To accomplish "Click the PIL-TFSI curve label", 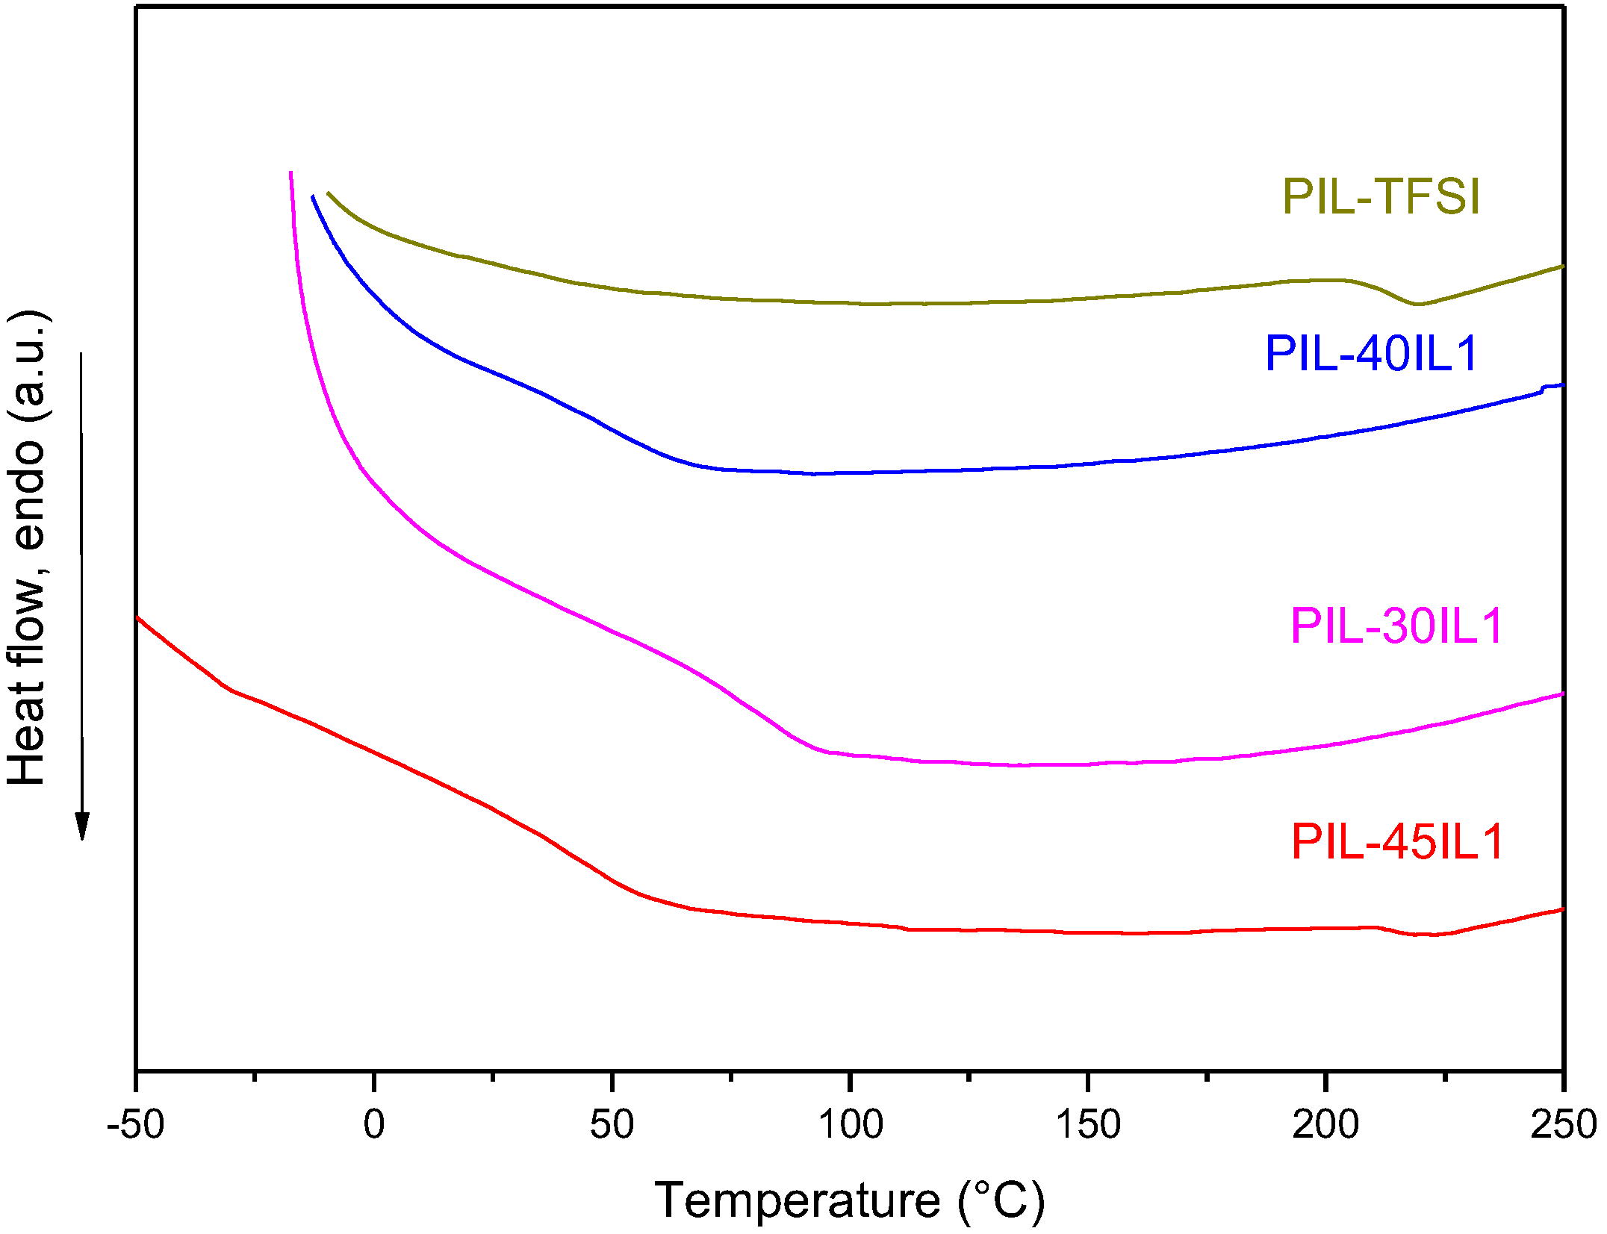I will click(x=1381, y=197).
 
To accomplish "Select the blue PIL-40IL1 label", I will click(x=1371, y=353).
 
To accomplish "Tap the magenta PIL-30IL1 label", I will click(x=1396, y=626).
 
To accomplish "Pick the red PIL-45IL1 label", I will click(x=1396, y=842).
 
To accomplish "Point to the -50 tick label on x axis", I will click(x=135, y=1124).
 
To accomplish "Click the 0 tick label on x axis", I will click(x=373, y=1124).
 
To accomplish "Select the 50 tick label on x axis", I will click(x=612, y=1124).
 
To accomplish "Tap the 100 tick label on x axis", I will click(x=850, y=1124).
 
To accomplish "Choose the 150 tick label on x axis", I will click(x=1088, y=1124).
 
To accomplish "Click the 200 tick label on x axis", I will click(x=1325, y=1124).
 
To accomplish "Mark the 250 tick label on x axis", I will click(x=1562, y=1124).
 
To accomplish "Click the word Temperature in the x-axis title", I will click(x=797, y=1200).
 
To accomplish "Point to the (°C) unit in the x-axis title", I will click(x=1001, y=1200).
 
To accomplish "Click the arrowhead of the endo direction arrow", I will click(x=82, y=826).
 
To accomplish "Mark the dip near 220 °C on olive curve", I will click(x=1417, y=304).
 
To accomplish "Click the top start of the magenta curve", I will click(x=290, y=173).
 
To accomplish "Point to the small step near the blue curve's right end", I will click(x=1543, y=388).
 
